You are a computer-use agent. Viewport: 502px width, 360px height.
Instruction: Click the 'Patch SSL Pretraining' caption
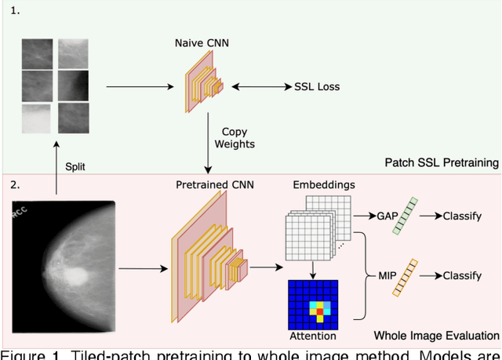click(x=442, y=163)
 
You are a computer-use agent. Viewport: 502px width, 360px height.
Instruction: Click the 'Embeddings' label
click(x=323, y=185)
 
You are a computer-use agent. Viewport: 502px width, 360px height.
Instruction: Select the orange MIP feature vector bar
click(x=405, y=276)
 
